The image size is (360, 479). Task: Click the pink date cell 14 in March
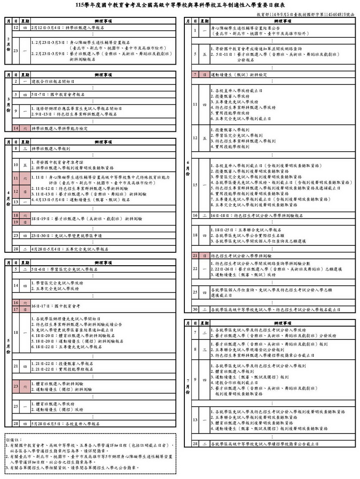click(x=16, y=128)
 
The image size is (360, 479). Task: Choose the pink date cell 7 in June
click(x=195, y=75)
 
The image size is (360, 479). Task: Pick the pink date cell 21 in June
click(x=195, y=256)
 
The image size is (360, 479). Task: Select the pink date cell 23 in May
click(x=16, y=386)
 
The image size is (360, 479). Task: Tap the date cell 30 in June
click(x=195, y=310)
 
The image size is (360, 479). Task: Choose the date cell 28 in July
click(x=195, y=444)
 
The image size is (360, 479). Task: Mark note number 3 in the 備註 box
click(x=72, y=468)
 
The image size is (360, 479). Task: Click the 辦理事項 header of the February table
click(x=102, y=20)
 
